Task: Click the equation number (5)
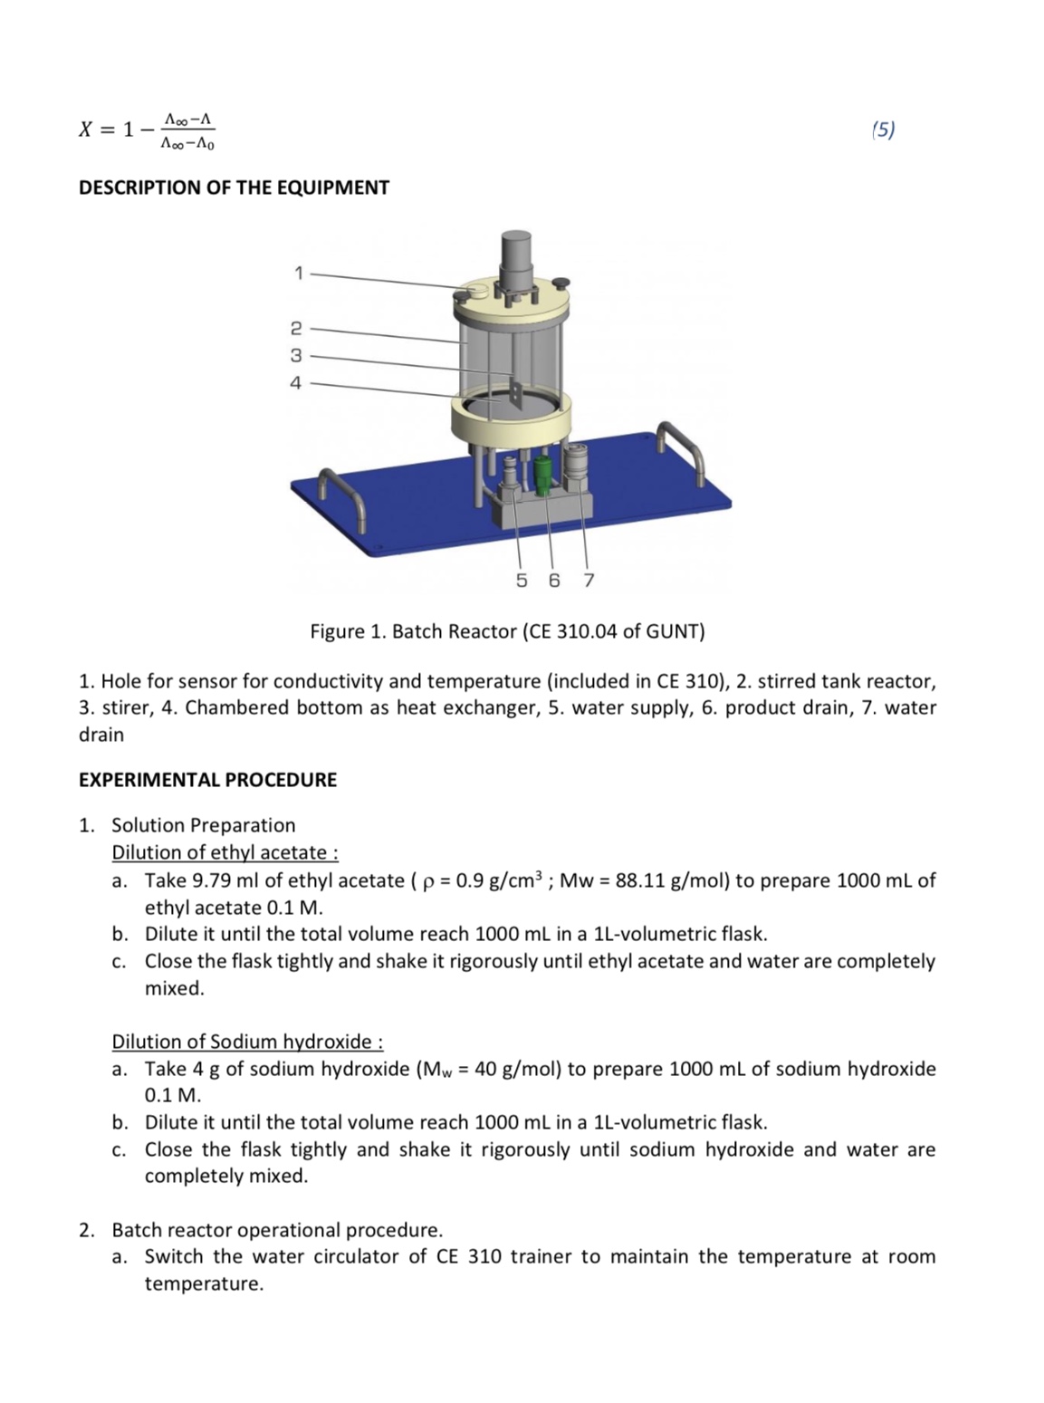[x=883, y=130]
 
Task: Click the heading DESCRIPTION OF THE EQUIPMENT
[x=234, y=187]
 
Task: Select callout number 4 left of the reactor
[x=295, y=383]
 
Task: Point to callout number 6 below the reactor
[x=554, y=580]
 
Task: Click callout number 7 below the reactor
[x=588, y=580]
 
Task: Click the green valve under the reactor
[x=542, y=475]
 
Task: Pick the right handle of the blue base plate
[x=682, y=443]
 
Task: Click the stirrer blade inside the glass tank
[x=514, y=393]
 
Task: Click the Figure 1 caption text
[x=507, y=631]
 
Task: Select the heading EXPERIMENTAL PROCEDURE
[x=207, y=780]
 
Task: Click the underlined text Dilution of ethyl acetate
[x=225, y=852]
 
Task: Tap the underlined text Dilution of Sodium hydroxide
[x=246, y=1041]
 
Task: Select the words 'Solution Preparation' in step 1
[x=203, y=825]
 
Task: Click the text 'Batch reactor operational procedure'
[x=276, y=1230]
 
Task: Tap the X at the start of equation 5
[x=85, y=130]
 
